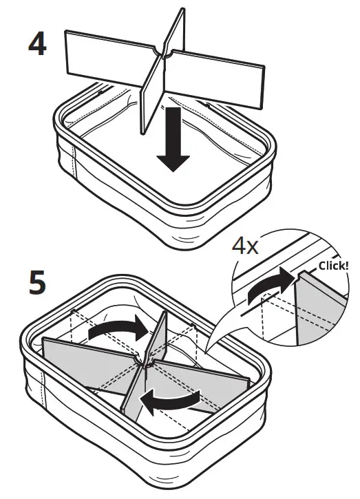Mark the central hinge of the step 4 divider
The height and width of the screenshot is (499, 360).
pos(165,52)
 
